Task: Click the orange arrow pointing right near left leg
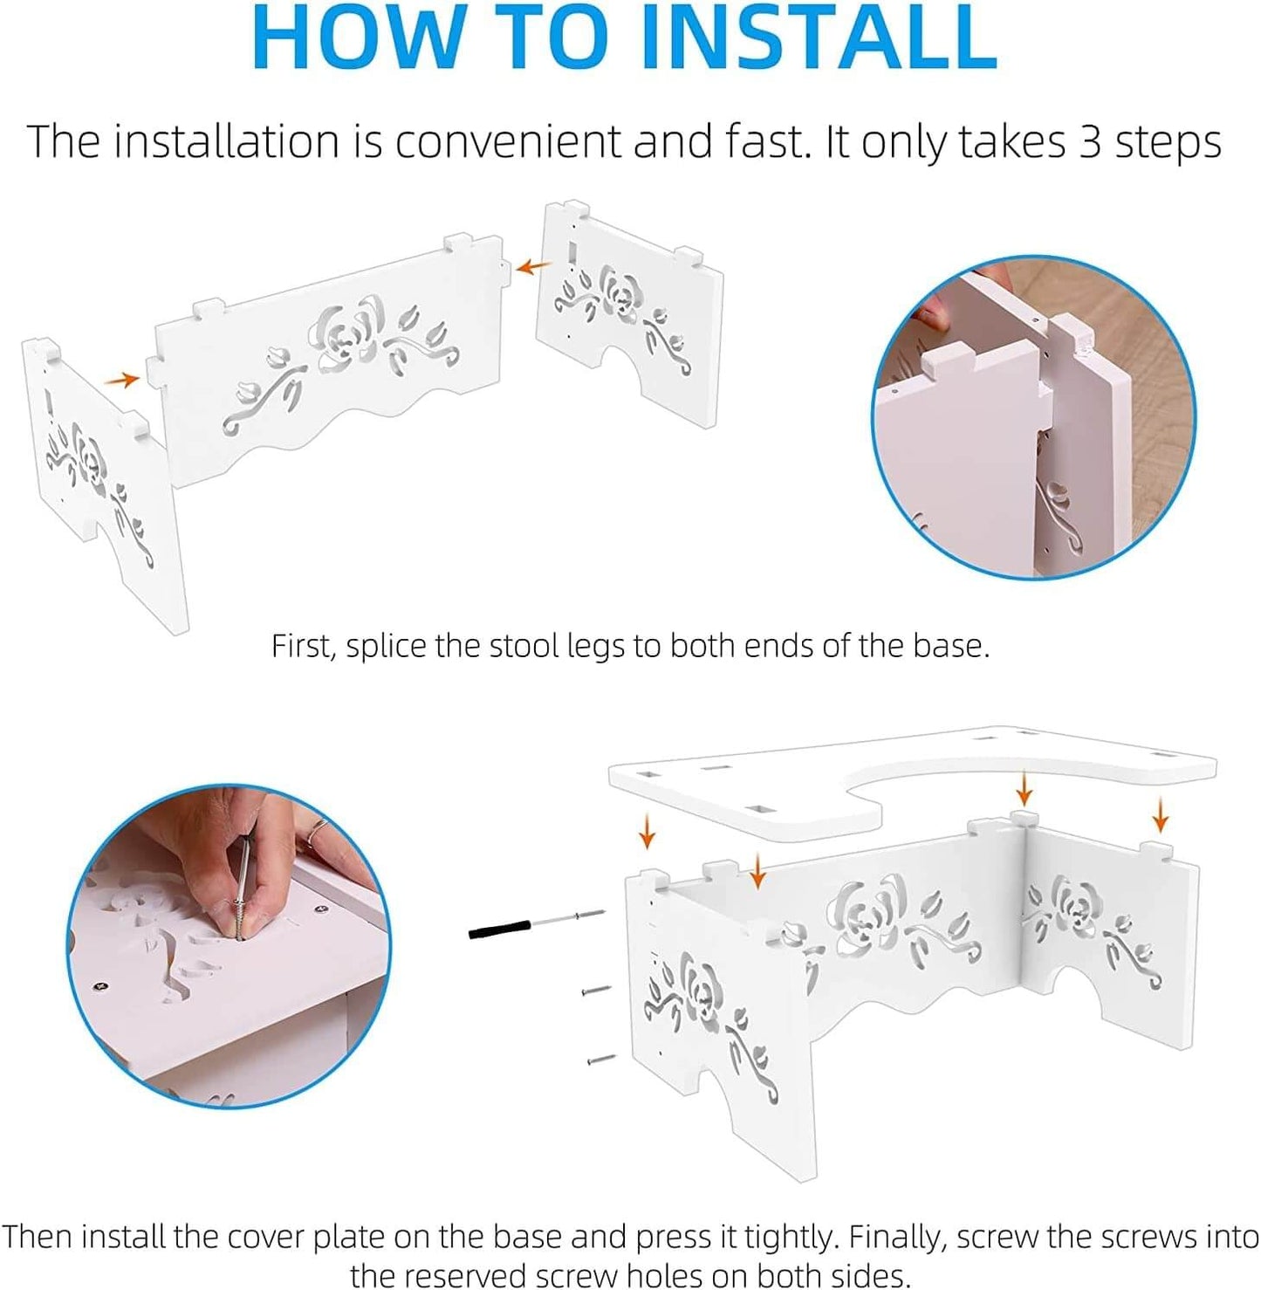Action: [122, 380]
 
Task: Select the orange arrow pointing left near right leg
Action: [533, 266]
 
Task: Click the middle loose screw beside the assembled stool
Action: [596, 990]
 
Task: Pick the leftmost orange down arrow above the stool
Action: [647, 832]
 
